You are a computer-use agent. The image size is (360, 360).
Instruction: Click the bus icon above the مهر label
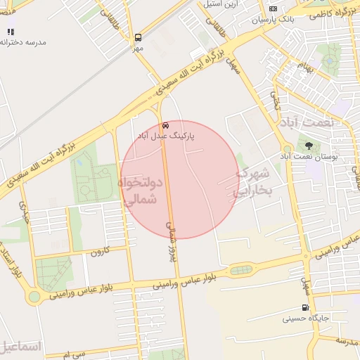(138, 37)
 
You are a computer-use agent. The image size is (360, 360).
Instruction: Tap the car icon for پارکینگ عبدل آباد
(165, 124)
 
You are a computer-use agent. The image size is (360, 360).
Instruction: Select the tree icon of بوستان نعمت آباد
(309, 146)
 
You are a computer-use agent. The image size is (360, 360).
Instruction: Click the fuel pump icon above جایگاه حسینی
(304, 307)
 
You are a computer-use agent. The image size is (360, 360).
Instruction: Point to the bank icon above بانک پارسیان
(273, 8)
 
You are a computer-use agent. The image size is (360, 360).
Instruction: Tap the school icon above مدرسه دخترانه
(10, 32)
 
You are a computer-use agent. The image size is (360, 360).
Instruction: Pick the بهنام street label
(303, 68)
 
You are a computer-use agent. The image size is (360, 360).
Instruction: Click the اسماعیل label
(21, 347)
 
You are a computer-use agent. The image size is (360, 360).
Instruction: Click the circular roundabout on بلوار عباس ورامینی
(34, 297)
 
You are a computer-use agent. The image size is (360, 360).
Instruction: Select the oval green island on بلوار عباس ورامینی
(240, 269)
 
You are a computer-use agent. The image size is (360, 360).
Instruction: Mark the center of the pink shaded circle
(180, 180)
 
